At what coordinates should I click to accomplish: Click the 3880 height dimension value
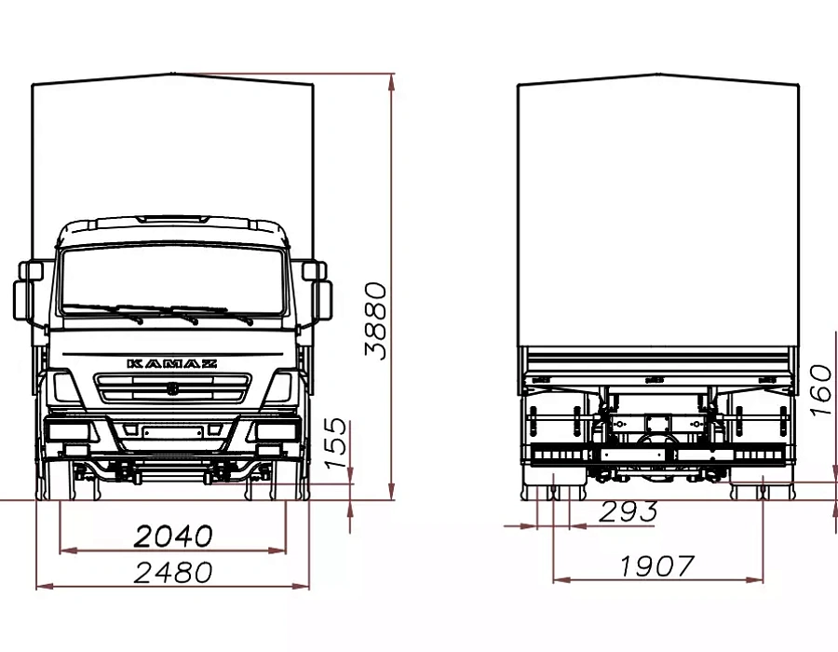375,320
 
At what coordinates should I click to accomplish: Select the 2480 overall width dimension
172,573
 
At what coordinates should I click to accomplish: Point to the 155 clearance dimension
335,442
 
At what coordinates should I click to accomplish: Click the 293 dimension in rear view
628,511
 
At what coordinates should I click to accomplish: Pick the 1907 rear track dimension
656,566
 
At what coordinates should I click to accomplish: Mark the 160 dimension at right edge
821,389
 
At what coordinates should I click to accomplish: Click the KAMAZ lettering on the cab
172,364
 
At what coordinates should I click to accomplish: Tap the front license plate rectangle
172,432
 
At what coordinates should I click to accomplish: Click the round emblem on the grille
172,388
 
